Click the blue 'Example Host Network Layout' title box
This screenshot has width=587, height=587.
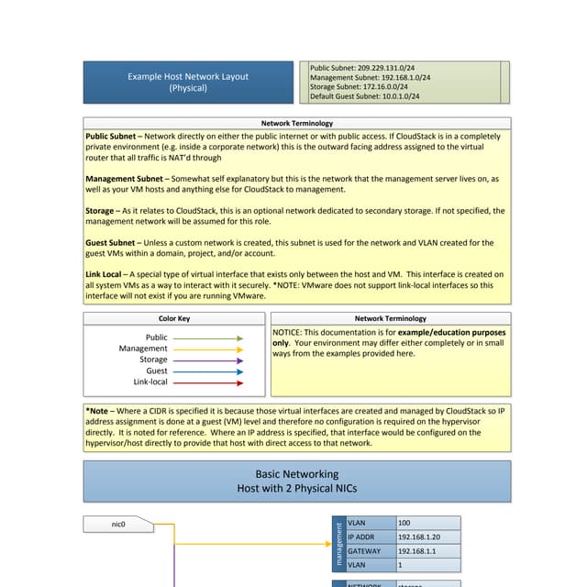[187, 83]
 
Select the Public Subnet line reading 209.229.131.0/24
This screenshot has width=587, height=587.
[362, 68]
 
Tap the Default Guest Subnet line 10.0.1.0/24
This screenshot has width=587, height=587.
[365, 95]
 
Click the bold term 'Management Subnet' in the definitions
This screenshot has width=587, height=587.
[126, 179]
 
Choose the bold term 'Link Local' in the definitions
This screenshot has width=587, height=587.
[105, 274]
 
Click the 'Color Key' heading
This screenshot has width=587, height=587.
[174, 318]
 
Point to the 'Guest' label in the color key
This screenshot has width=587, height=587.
[157, 371]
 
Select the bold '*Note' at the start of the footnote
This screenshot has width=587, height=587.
[96, 411]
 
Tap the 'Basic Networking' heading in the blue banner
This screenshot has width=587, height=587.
[296, 474]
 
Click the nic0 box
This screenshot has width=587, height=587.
[117, 525]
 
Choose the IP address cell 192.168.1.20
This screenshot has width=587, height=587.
[420, 537]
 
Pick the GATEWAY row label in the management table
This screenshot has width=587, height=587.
[364, 551]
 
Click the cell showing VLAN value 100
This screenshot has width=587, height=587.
[404, 523]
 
